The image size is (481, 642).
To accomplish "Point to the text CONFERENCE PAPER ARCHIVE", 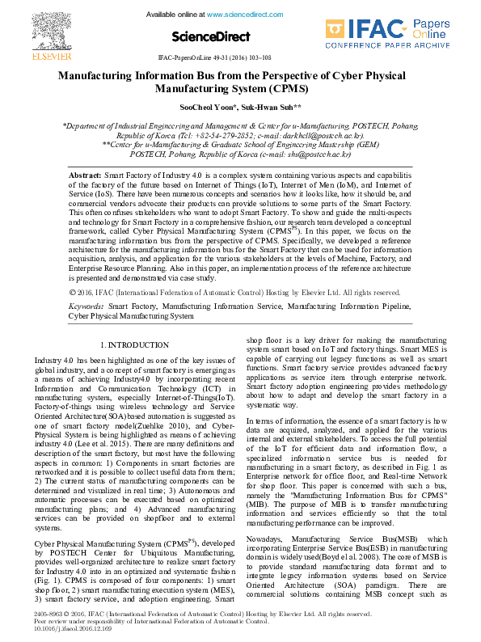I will click(399, 47).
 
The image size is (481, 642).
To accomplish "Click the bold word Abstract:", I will click(85, 175).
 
